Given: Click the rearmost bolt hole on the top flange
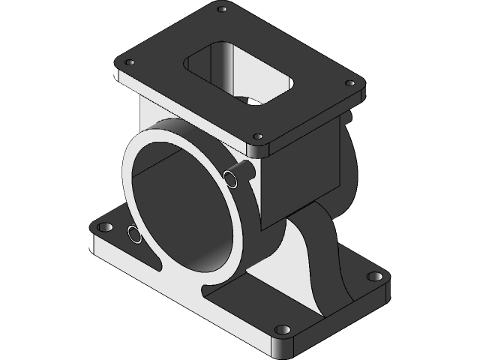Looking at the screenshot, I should tap(221, 10).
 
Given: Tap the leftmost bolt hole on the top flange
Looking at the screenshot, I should tap(129, 63).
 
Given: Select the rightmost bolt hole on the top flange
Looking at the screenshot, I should tap(349, 83).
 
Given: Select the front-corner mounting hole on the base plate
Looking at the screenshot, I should tap(281, 329).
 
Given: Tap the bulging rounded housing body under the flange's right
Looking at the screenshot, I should tap(346, 165).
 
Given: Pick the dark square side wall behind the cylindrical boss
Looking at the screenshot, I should tap(300, 180).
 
